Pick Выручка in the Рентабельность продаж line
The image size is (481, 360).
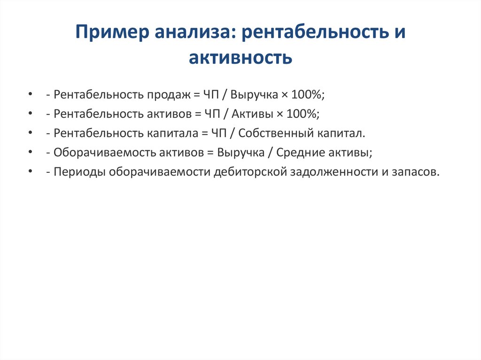coord(253,95)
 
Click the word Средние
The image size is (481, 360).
coord(299,153)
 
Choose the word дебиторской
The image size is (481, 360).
coord(250,172)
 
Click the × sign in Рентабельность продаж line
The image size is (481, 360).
coord(284,95)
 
